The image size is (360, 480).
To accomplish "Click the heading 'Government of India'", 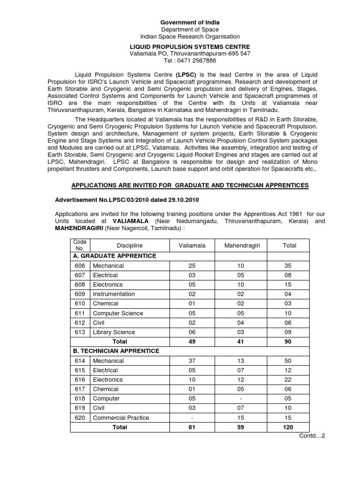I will click(190, 22).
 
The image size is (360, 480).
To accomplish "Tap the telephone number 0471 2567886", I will click(190, 61).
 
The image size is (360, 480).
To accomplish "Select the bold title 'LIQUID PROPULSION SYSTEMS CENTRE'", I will click(190, 47).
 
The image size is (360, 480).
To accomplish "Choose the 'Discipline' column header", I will click(130, 246).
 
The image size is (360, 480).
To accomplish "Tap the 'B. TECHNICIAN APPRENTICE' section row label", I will click(116, 351).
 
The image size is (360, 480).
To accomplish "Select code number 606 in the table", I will click(80, 266).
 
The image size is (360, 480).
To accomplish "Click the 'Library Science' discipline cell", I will click(114, 332).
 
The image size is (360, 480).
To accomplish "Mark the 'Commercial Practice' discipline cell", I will click(121, 418).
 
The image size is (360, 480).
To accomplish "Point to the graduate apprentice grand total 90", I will click(288, 342).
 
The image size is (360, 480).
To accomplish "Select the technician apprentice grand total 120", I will click(288, 427).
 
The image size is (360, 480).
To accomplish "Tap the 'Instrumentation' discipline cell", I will click(114, 294).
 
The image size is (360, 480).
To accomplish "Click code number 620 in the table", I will click(80, 418).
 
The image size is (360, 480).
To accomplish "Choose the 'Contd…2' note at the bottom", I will click(312, 436).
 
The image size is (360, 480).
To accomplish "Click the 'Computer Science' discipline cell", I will click(118, 313).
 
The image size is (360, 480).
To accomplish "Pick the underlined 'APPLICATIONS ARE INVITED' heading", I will click(190, 186).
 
